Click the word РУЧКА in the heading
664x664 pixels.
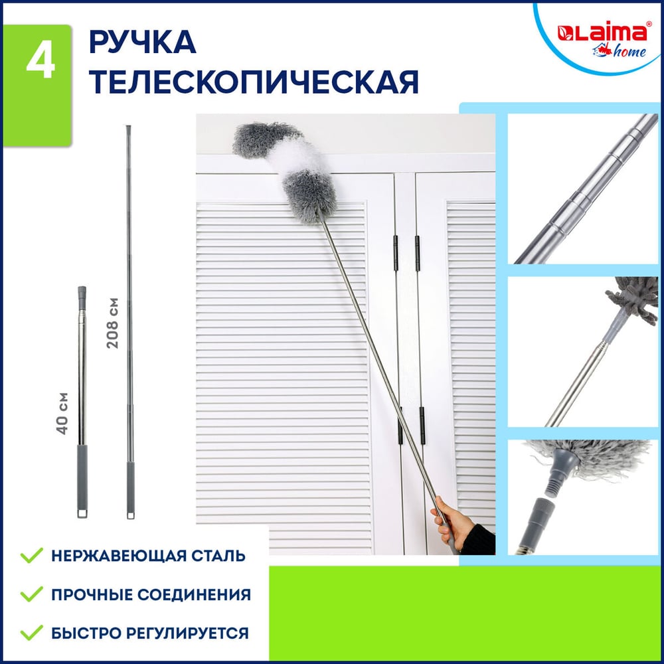[x=142, y=42]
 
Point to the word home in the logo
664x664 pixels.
[x=629, y=52]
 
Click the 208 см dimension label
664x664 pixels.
[x=112, y=323]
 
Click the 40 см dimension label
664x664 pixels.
[x=62, y=413]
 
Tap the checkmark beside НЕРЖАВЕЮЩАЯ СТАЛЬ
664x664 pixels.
[x=32, y=554]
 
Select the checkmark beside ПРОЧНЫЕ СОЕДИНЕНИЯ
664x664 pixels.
[x=32, y=594]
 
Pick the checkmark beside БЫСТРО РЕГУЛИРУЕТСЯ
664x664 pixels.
[x=32, y=632]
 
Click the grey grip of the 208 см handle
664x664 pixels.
[x=130, y=487]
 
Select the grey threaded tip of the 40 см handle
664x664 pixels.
[x=82, y=297]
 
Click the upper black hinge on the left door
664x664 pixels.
[x=396, y=253]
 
